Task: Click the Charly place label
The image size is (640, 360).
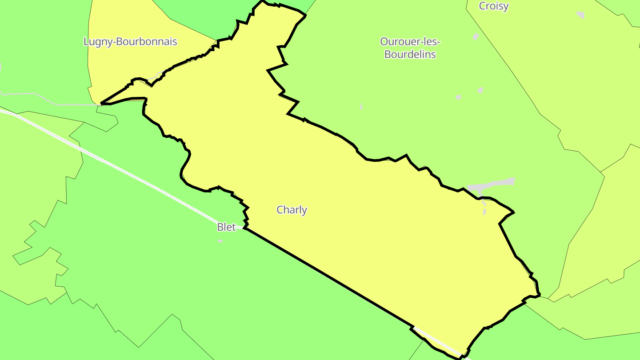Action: click(292, 210)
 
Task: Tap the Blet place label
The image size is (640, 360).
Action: click(226, 227)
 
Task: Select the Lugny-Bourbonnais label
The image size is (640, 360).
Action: click(130, 42)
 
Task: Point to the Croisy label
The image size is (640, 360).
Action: click(493, 6)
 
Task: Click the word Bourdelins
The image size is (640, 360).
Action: click(410, 55)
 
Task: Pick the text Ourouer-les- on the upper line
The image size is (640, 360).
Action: click(410, 42)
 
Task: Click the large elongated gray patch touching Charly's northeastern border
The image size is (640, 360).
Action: click(492, 185)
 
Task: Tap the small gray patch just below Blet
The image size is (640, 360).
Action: click(220, 241)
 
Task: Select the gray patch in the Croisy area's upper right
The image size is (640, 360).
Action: click(580, 14)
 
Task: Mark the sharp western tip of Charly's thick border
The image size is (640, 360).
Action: click(102, 104)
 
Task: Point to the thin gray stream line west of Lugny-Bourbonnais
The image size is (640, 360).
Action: click(36, 94)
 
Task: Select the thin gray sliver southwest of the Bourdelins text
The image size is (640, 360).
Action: click(361, 107)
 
